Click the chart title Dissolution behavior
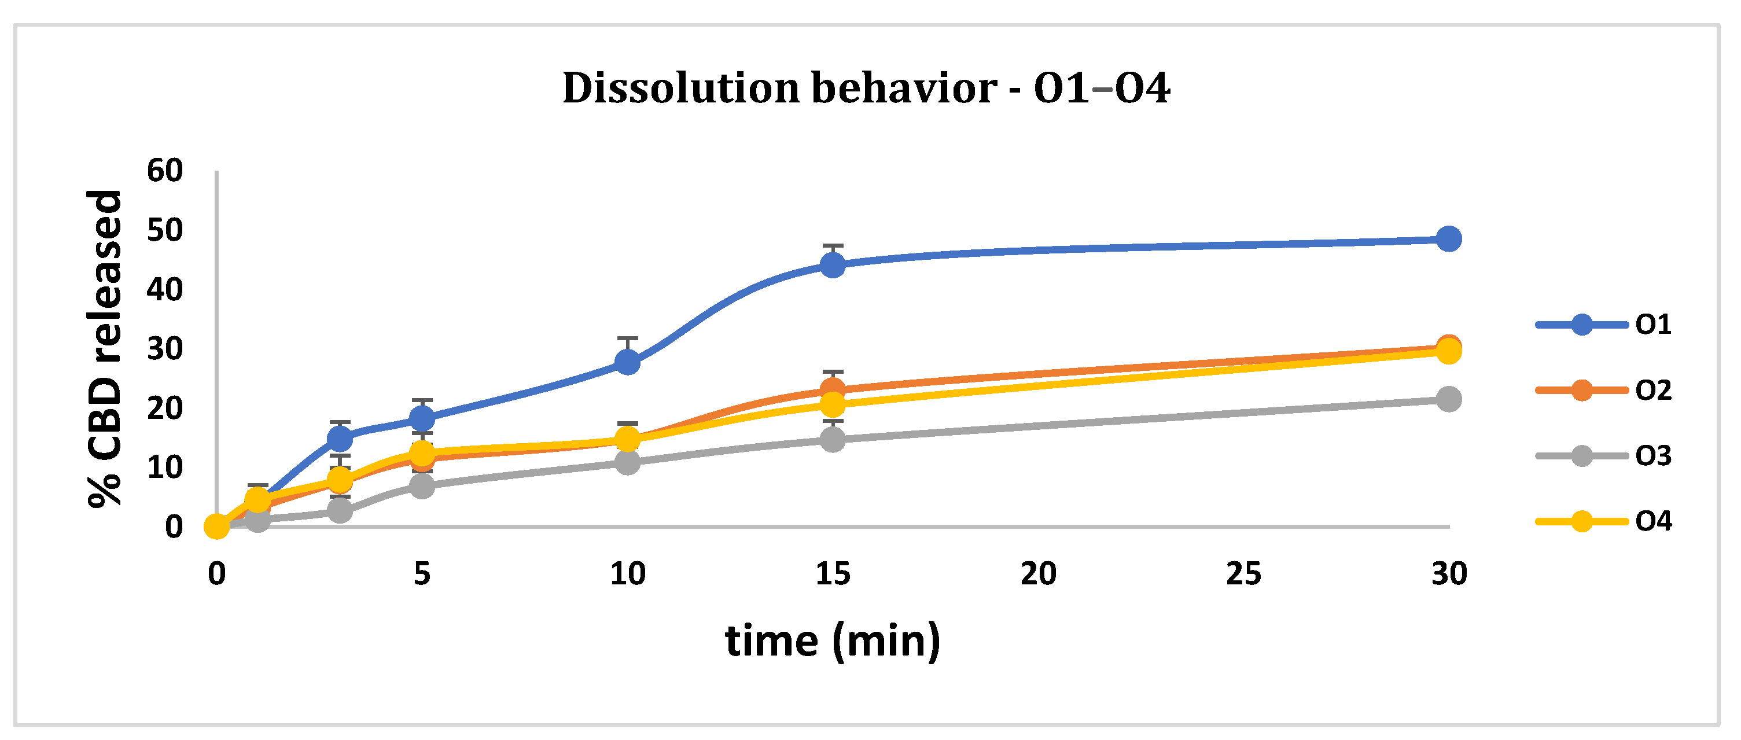866,88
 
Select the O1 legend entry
1604,325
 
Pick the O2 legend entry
1604,390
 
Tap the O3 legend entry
1604,456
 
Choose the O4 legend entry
1604,521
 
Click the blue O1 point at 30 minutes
1448,238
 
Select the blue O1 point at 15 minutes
833,264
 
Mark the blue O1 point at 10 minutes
628,362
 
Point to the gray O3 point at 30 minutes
1448,399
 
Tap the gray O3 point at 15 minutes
833,440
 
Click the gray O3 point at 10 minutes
628,462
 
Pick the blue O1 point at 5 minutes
422,418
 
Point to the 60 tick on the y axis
165,171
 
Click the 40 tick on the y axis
165,290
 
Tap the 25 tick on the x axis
1243,574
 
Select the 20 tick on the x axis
1038,574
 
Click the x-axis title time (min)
833,640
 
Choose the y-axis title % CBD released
105,348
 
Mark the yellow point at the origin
217,526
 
